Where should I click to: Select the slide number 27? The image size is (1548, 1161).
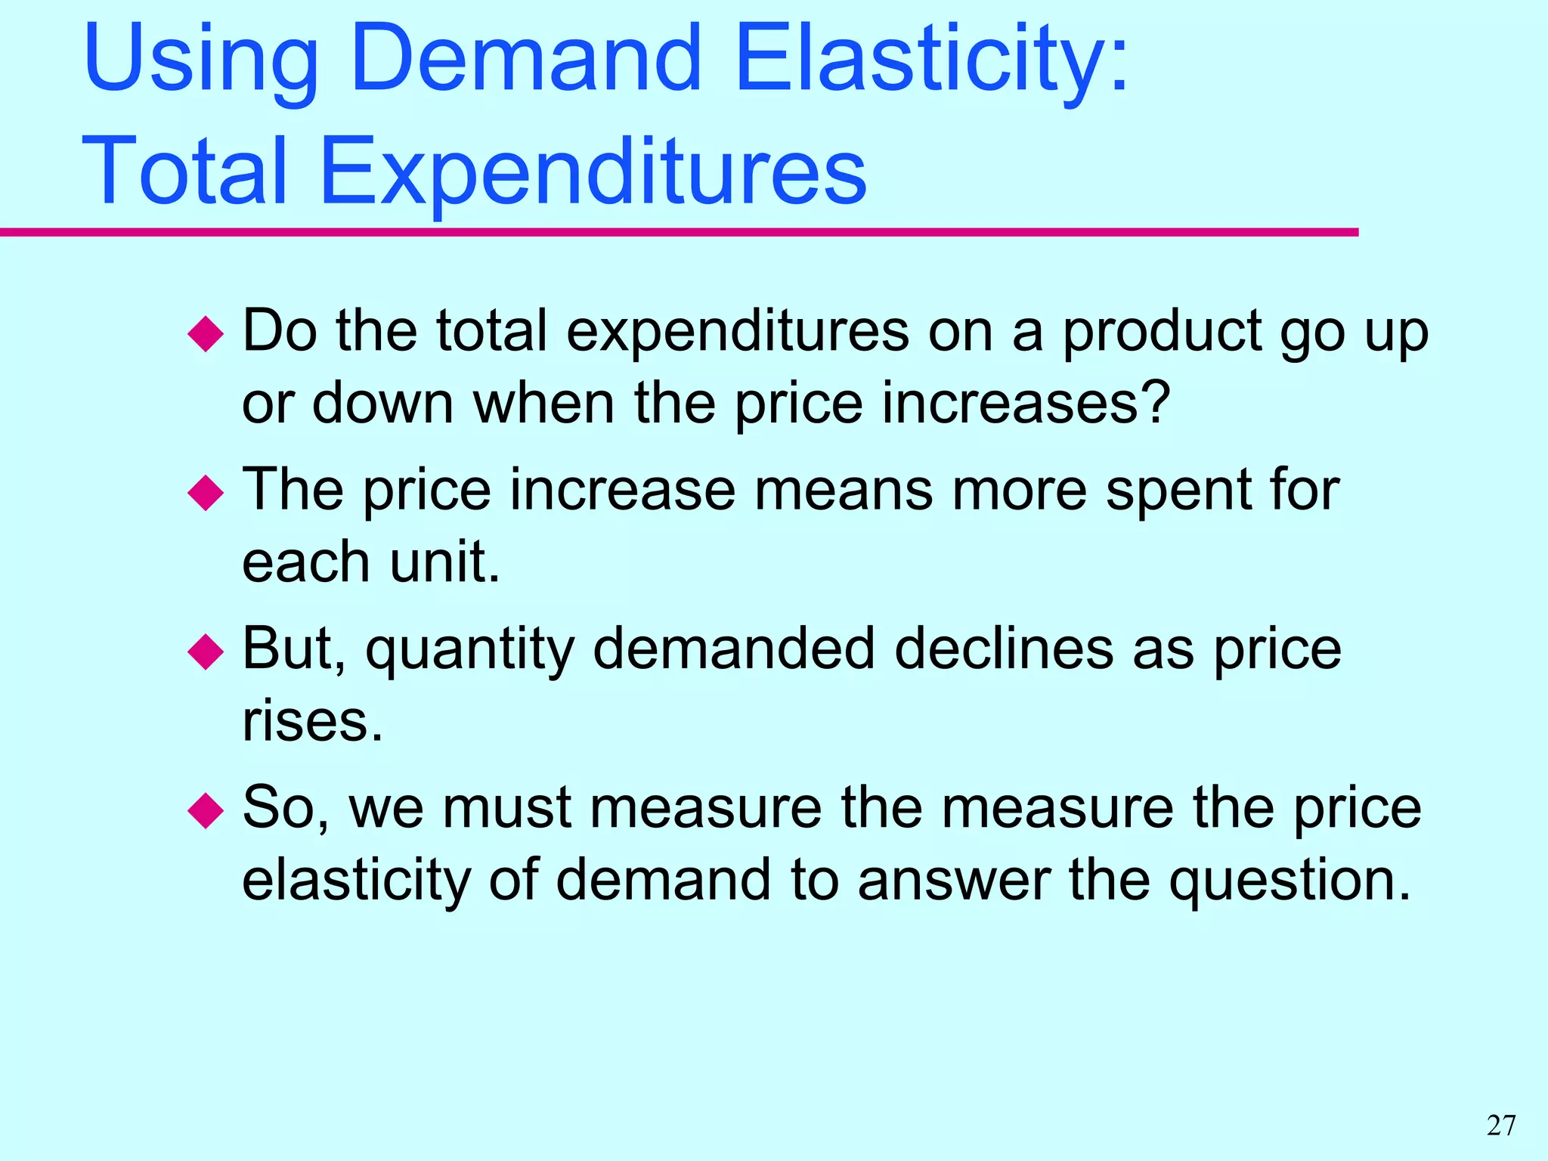coord(1501,1125)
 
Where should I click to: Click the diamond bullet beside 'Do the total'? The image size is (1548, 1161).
coord(206,333)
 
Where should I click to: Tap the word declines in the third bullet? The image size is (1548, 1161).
coord(1004,649)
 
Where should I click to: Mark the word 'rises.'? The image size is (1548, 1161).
coord(312,721)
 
